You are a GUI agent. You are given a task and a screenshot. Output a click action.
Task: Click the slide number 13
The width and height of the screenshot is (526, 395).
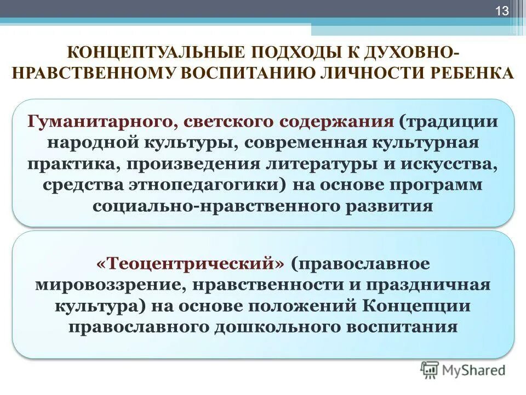tap(502, 11)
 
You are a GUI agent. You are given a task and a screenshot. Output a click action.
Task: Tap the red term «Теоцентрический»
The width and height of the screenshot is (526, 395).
tap(190, 263)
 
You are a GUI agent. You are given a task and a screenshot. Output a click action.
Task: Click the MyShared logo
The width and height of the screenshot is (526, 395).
tap(463, 370)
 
